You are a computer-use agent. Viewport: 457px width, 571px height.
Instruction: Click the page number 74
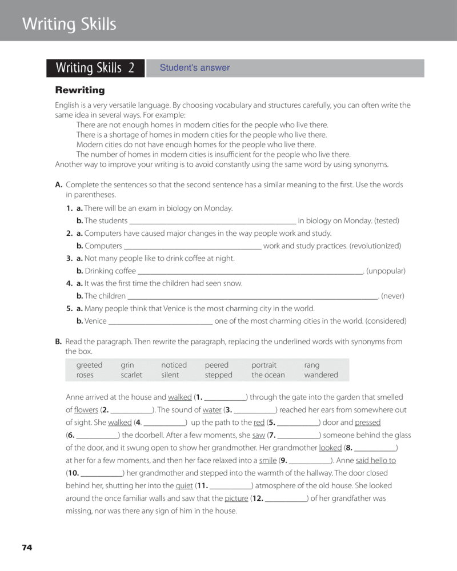pyautogui.click(x=27, y=548)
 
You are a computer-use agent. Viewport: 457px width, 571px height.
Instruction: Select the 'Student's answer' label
pyautogui.click(x=194, y=68)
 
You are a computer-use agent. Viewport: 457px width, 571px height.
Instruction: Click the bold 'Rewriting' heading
pyautogui.click(x=80, y=90)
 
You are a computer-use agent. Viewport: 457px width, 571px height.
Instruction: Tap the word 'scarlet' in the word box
pyautogui.click(x=131, y=375)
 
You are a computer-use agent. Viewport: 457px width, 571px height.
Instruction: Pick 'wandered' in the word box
pyautogui.click(x=321, y=375)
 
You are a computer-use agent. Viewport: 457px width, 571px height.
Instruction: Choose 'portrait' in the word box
pyautogui.click(x=264, y=365)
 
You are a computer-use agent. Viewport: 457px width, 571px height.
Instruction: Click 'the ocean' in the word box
pyautogui.click(x=268, y=375)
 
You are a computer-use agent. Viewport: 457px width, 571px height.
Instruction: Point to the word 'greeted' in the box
pyautogui.click(x=90, y=365)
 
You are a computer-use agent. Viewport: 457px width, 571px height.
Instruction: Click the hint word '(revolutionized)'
pyautogui.click(x=375, y=246)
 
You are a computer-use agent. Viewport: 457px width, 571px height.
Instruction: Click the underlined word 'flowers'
pyautogui.click(x=86, y=410)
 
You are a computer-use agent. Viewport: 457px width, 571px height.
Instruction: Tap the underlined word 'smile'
pyautogui.click(x=268, y=460)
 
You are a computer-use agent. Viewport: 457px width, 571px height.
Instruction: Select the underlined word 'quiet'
pyautogui.click(x=184, y=485)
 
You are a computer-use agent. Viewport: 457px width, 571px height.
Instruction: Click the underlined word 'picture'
pyautogui.click(x=236, y=498)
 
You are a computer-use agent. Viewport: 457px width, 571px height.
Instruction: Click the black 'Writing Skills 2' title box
pyautogui.click(x=95, y=68)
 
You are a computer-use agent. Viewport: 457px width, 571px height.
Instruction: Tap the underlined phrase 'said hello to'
pyautogui.click(x=376, y=460)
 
